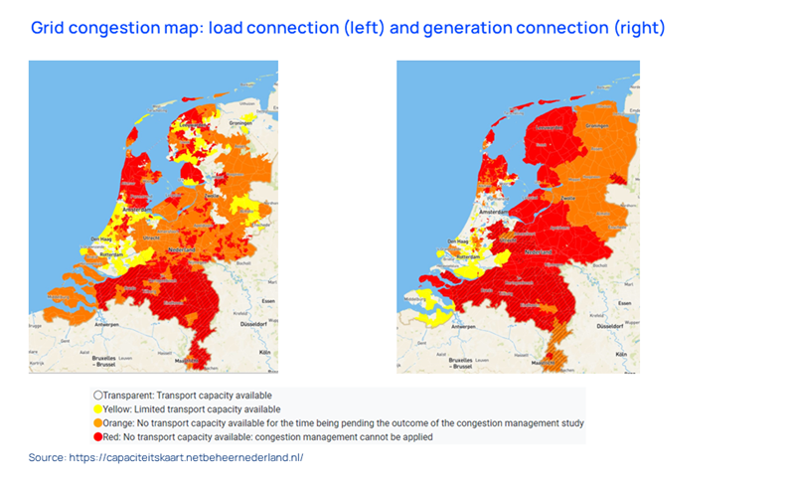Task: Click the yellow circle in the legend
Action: pyautogui.click(x=97, y=408)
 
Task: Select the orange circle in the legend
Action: pyautogui.click(x=97, y=422)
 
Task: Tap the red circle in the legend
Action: pyautogui.click(x=97, y=436)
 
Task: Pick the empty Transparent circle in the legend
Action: pyautogui.click(x=97, y=395)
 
